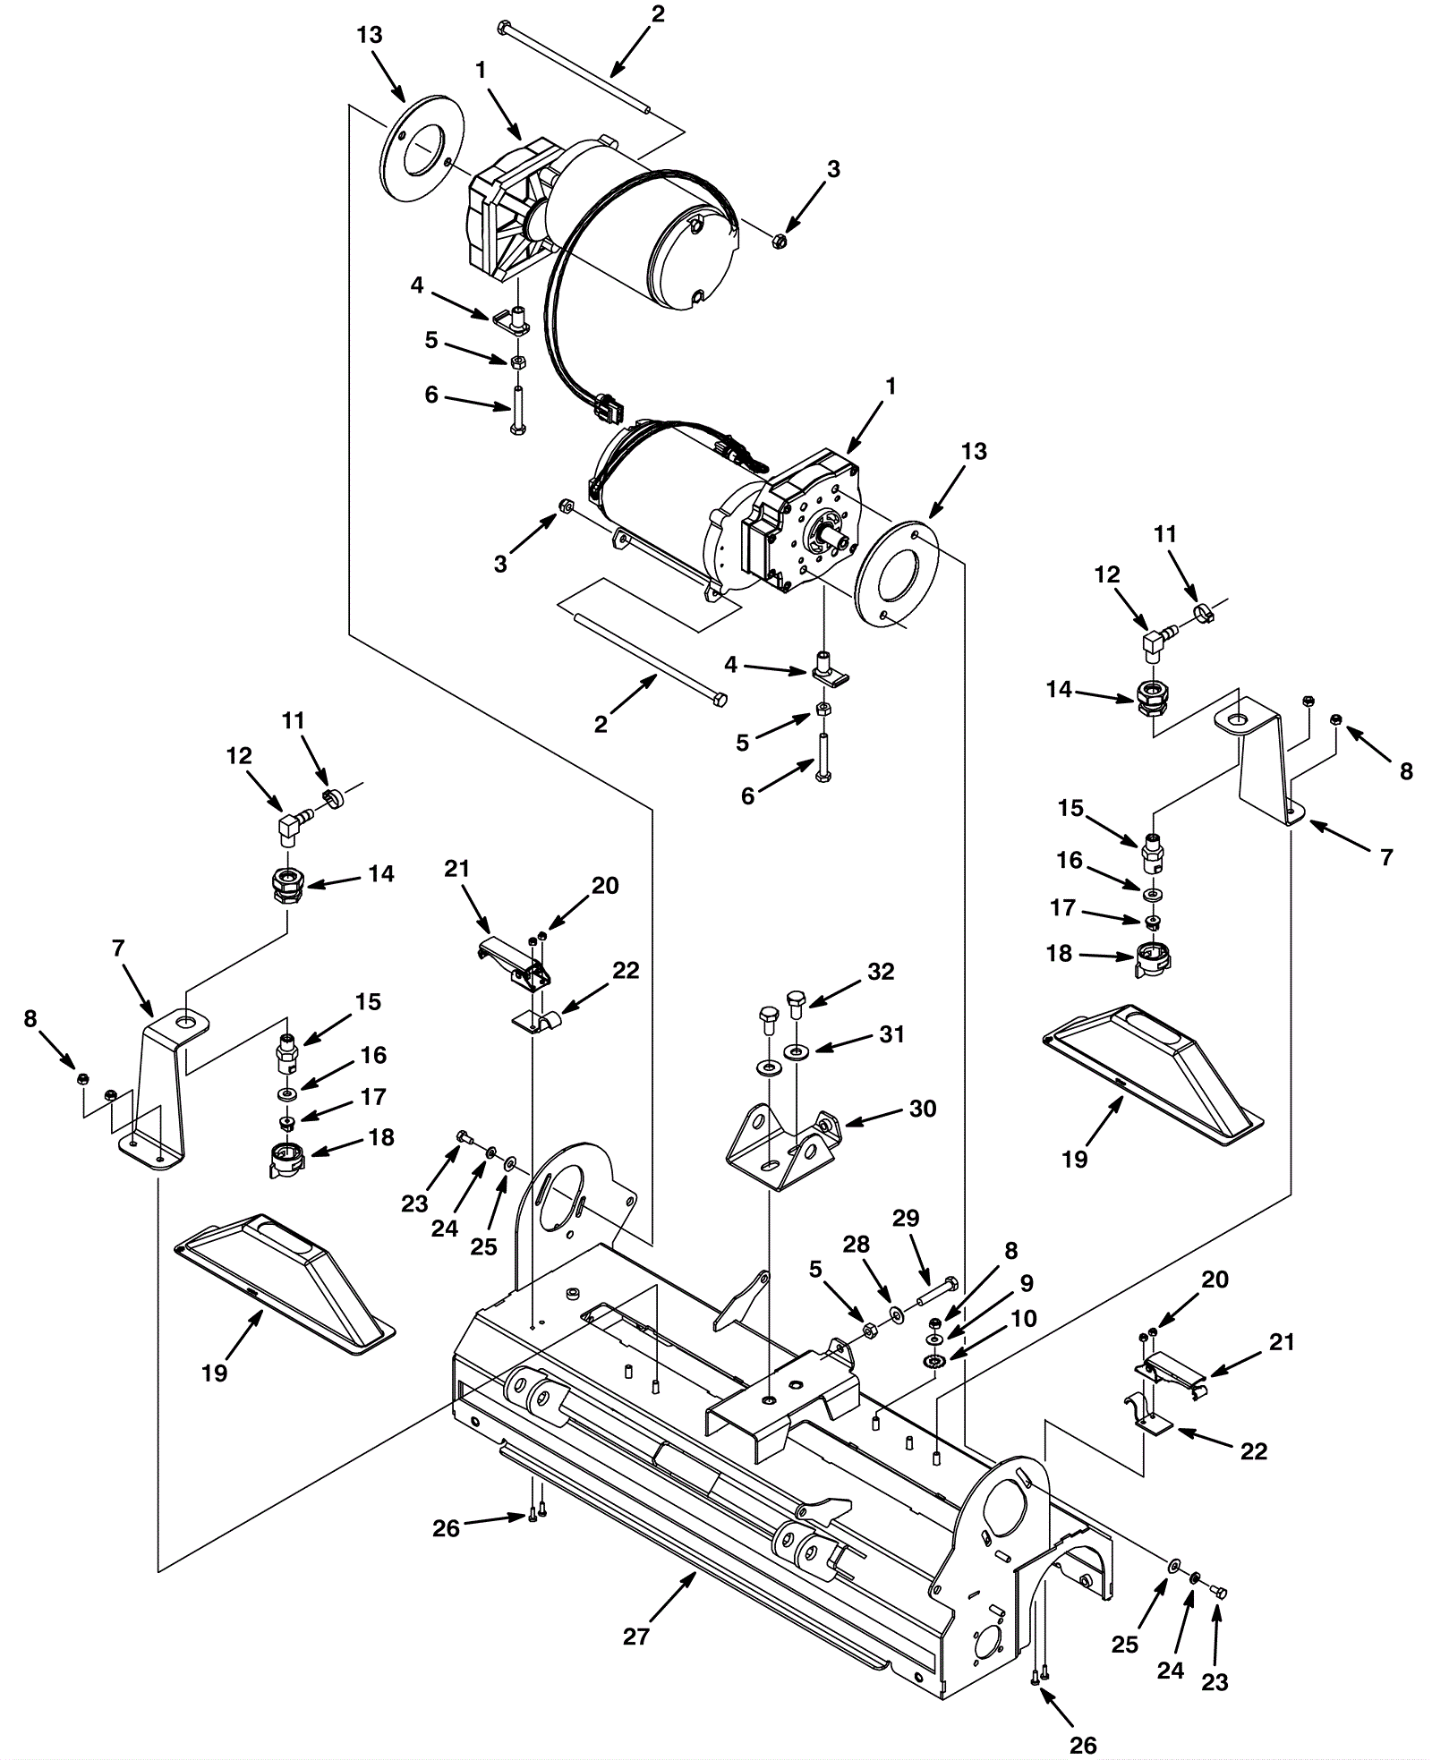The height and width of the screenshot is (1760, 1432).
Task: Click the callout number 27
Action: point(635,1637)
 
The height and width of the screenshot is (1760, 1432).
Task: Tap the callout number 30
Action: point(923,1109)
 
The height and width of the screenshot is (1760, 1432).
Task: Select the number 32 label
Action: point(881,971)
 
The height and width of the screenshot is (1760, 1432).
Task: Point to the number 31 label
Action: point(891,1033)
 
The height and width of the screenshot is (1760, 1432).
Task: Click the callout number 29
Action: point(907,1218)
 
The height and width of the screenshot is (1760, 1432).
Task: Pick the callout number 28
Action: point(857,1245)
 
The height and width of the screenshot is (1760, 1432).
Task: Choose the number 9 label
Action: point(1027,1283)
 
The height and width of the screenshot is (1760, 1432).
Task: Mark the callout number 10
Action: point(1023,1318)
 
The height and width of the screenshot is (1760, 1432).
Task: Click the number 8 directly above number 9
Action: point(1010,1251)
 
